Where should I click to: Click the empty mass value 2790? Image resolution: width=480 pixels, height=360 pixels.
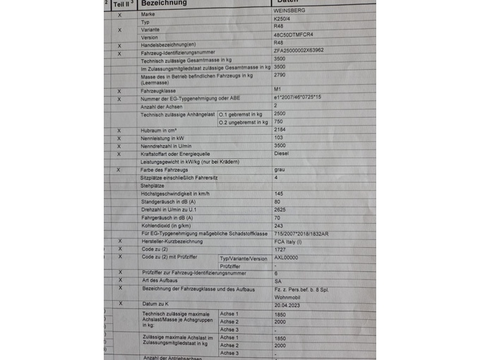280,74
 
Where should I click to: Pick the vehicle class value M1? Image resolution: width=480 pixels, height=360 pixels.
277,90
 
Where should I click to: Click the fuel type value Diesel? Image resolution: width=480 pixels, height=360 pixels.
282,153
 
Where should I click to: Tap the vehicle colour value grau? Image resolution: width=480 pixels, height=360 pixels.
279,170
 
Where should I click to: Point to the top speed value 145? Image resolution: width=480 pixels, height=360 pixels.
278,193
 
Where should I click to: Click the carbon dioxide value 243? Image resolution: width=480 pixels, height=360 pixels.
278,225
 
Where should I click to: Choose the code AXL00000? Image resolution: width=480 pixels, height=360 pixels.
286,258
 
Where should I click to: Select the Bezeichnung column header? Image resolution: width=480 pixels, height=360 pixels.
162,4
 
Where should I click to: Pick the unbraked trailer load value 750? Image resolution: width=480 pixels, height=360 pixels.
279,121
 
